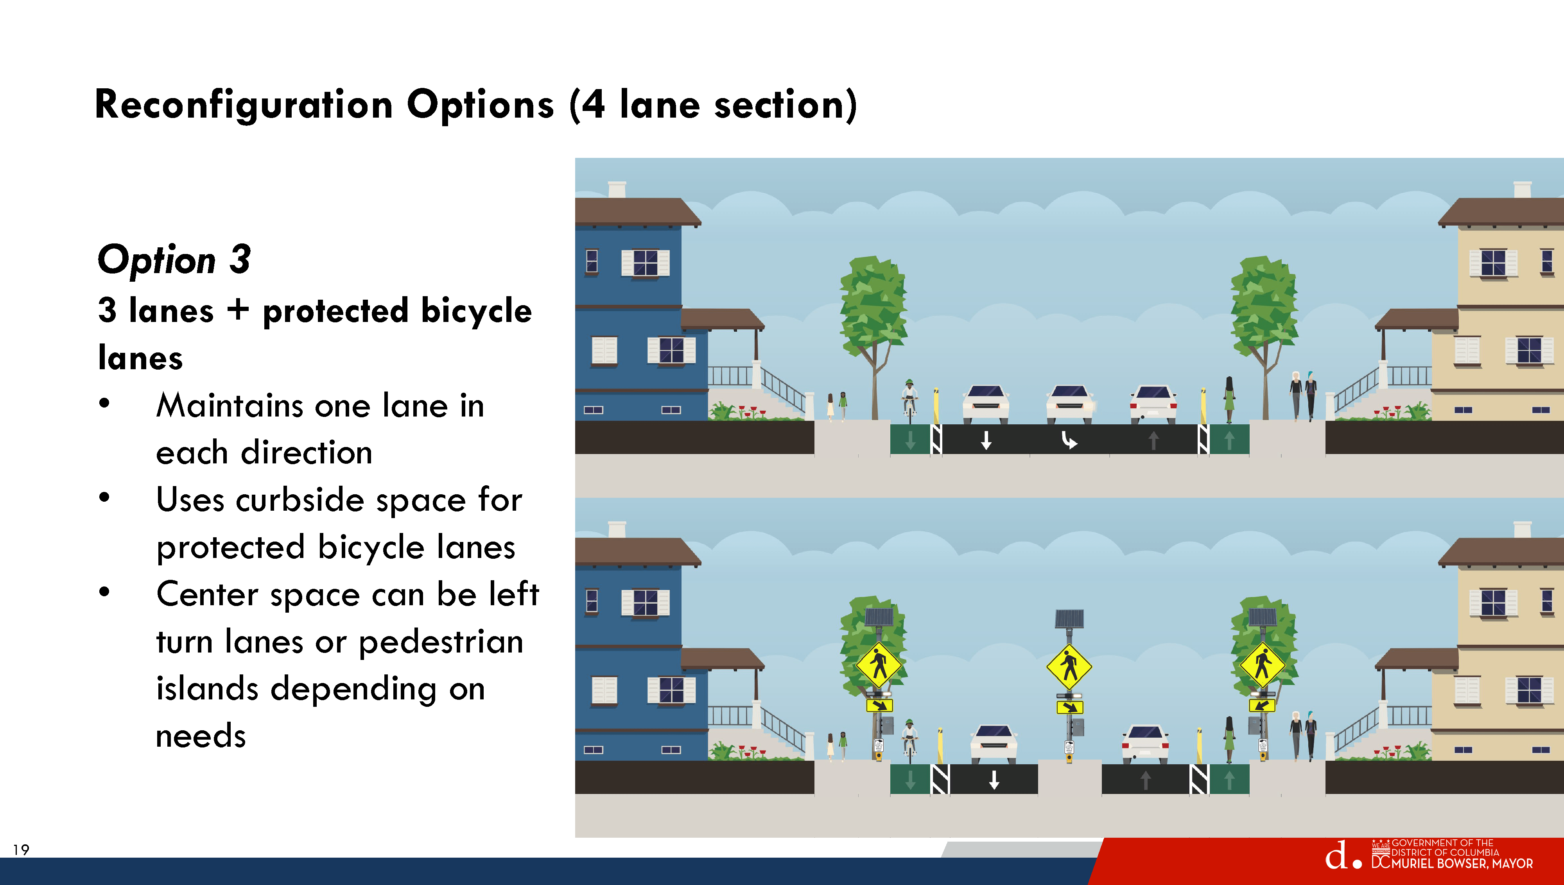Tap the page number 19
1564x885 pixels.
coord(21,850)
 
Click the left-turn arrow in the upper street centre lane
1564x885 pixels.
coord(1069,440)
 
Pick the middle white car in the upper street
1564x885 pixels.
coord(1070,403)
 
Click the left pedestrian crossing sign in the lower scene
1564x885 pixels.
coord(879,664)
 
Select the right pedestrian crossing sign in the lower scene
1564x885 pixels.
coord(1263,664)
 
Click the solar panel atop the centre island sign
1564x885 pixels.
coord(1070,619)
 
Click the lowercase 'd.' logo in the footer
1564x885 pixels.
coord(1343,856)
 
